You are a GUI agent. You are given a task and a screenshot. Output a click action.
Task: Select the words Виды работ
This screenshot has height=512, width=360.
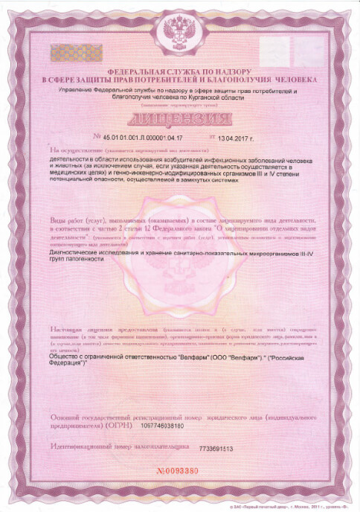(x=64, y=220)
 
